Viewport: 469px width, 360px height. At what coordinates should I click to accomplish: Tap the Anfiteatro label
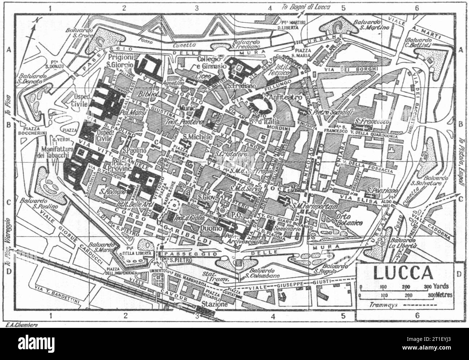pos(279,97)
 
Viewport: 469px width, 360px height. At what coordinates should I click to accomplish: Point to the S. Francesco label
pos(372,122)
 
